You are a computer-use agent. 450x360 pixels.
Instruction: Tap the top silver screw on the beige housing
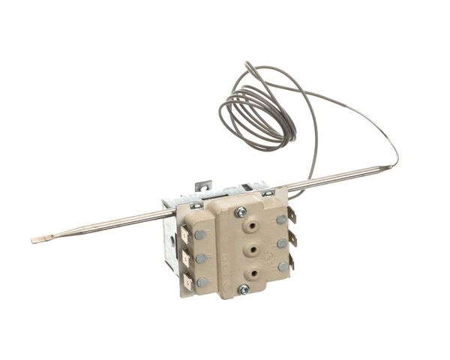pyautogui.click(x=241, y=212)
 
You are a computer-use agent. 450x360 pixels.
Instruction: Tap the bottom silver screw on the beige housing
pyautogui.click(x=243, y=289)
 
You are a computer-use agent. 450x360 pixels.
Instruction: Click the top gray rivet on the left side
pyautogui.click(x=199, y=234)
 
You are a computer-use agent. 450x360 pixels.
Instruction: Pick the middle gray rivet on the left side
pyautogui.click(x=201, y=258)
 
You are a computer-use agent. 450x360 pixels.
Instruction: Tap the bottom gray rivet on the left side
pyautogui.click(x=202, y=282)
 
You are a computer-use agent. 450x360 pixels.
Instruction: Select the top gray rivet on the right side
pyautogui.click(x=280, y=219)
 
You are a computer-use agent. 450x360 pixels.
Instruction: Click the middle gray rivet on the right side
pyautogui.click(x=282, y=243)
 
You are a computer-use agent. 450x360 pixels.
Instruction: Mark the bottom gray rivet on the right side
pyautogui.click(x=283, y=266)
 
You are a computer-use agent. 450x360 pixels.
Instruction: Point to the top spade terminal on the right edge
pyautogui.click(x=291, y=216)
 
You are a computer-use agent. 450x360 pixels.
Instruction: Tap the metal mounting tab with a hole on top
pyautogui.click(x=202, y=185)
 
